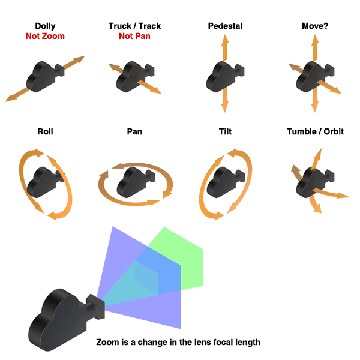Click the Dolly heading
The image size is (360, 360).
[x=45, y=26]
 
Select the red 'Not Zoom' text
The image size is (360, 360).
[x=45, y=36]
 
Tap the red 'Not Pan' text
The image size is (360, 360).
[x=134, y=36]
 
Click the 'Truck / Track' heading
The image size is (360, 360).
[x=134, y=26]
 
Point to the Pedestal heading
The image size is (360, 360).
[x=224, y=26]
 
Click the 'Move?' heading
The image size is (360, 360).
[x=315, y=26]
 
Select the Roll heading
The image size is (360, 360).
[x=45, y=131]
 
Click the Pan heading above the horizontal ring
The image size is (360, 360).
[x=134, y=131]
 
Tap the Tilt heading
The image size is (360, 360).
[x=224, y=131]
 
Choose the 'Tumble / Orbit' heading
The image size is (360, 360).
[x=315, y=131]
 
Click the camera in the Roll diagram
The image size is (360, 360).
[x=43, y=179]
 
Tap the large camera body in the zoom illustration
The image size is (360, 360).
[x=57, y=318]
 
